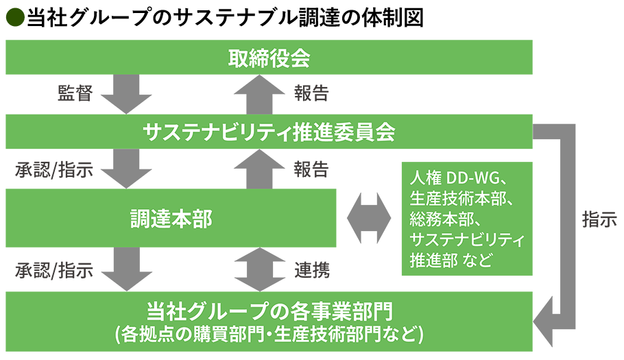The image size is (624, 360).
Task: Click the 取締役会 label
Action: click(269, 59)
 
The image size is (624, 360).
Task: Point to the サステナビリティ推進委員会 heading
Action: click(269, 131)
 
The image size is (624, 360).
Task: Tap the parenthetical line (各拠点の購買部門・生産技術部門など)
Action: click(269, 335)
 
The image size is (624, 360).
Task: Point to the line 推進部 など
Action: click(451, 261)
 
